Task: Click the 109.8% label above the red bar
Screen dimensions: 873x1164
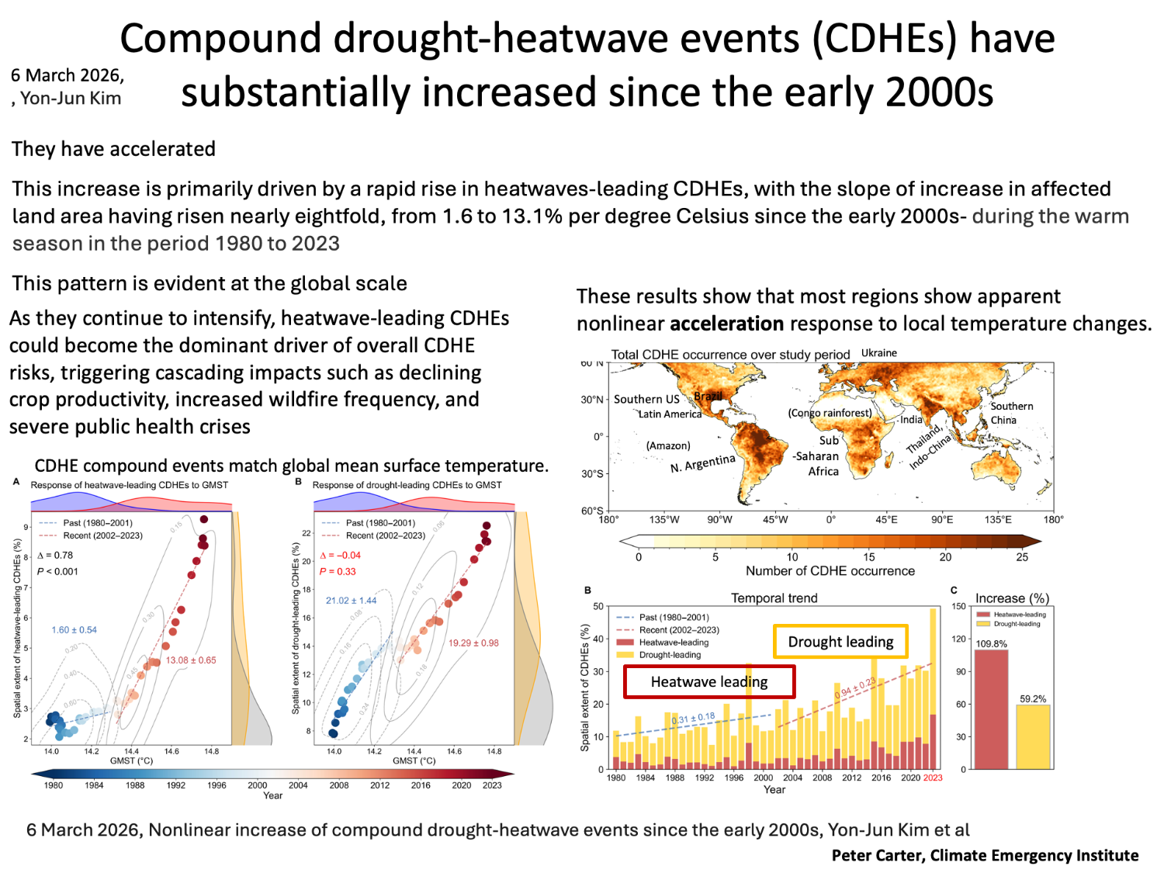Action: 991,644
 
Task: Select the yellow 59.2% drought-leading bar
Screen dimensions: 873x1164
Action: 1033,736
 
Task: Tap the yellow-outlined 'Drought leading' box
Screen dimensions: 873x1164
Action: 840,642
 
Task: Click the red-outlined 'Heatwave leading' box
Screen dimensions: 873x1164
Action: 709,682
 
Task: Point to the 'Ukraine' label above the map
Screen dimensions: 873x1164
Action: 878,353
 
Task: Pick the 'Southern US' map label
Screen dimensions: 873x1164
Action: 646,399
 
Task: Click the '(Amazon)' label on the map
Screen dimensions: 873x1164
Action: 668,445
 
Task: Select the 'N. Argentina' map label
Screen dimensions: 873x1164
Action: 702,463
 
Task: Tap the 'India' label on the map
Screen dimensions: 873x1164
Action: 911,420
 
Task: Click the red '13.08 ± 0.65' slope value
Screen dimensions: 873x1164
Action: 191,660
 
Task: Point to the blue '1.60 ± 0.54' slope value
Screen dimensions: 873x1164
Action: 74,630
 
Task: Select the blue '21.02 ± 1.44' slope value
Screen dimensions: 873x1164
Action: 351,601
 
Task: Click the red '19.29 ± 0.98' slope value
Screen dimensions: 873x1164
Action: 473,643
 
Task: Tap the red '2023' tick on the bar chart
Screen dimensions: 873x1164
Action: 933,778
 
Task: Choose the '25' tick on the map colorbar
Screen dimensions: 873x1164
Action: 1022,557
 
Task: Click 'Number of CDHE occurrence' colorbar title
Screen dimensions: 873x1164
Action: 830,571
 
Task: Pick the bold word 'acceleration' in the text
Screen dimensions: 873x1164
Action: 726,324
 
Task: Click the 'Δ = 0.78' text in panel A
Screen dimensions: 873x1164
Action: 55,556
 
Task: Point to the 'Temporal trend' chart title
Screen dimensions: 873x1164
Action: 774,598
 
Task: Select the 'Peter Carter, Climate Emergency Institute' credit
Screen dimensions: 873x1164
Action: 985,855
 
